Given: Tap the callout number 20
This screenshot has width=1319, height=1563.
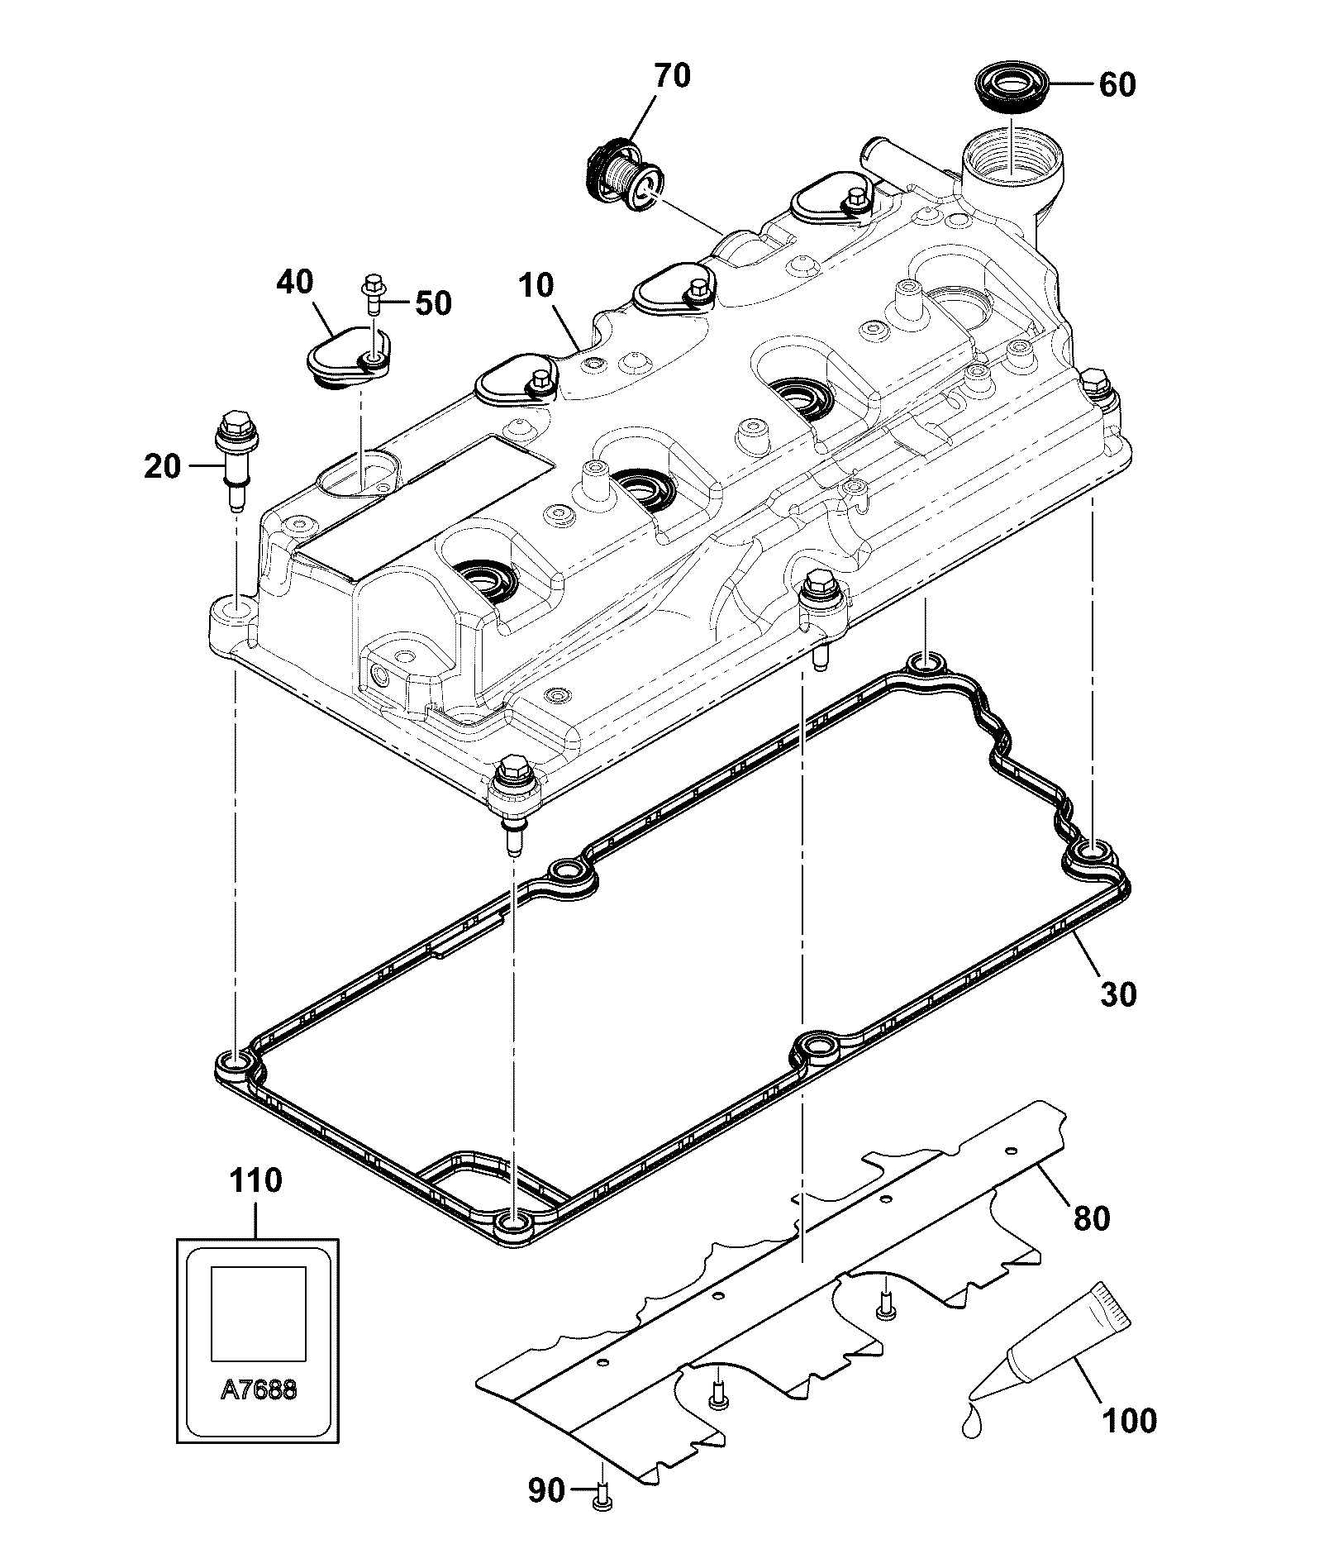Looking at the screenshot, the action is (161, 466).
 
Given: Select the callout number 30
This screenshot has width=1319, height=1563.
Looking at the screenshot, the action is (1118, 994).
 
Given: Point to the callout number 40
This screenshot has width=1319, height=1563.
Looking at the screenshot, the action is (294, 283).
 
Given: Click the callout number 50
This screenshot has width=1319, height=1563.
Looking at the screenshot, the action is (433, 303).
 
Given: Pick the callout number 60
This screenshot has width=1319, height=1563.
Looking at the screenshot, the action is (1117, 85).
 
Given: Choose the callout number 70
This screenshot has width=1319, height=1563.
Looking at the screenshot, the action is (671, 76).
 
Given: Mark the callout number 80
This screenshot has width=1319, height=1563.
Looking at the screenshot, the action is (1091, 1218).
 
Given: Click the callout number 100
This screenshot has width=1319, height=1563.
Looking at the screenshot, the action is (1130, 1421).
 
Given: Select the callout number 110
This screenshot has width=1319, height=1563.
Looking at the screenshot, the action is (255, 1180).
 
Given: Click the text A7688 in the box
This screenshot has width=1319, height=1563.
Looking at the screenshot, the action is (259, 1389).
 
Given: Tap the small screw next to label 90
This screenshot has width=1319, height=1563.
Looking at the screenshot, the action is (602, 1497).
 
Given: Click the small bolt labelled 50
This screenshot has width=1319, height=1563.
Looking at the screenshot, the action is (370, 294).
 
